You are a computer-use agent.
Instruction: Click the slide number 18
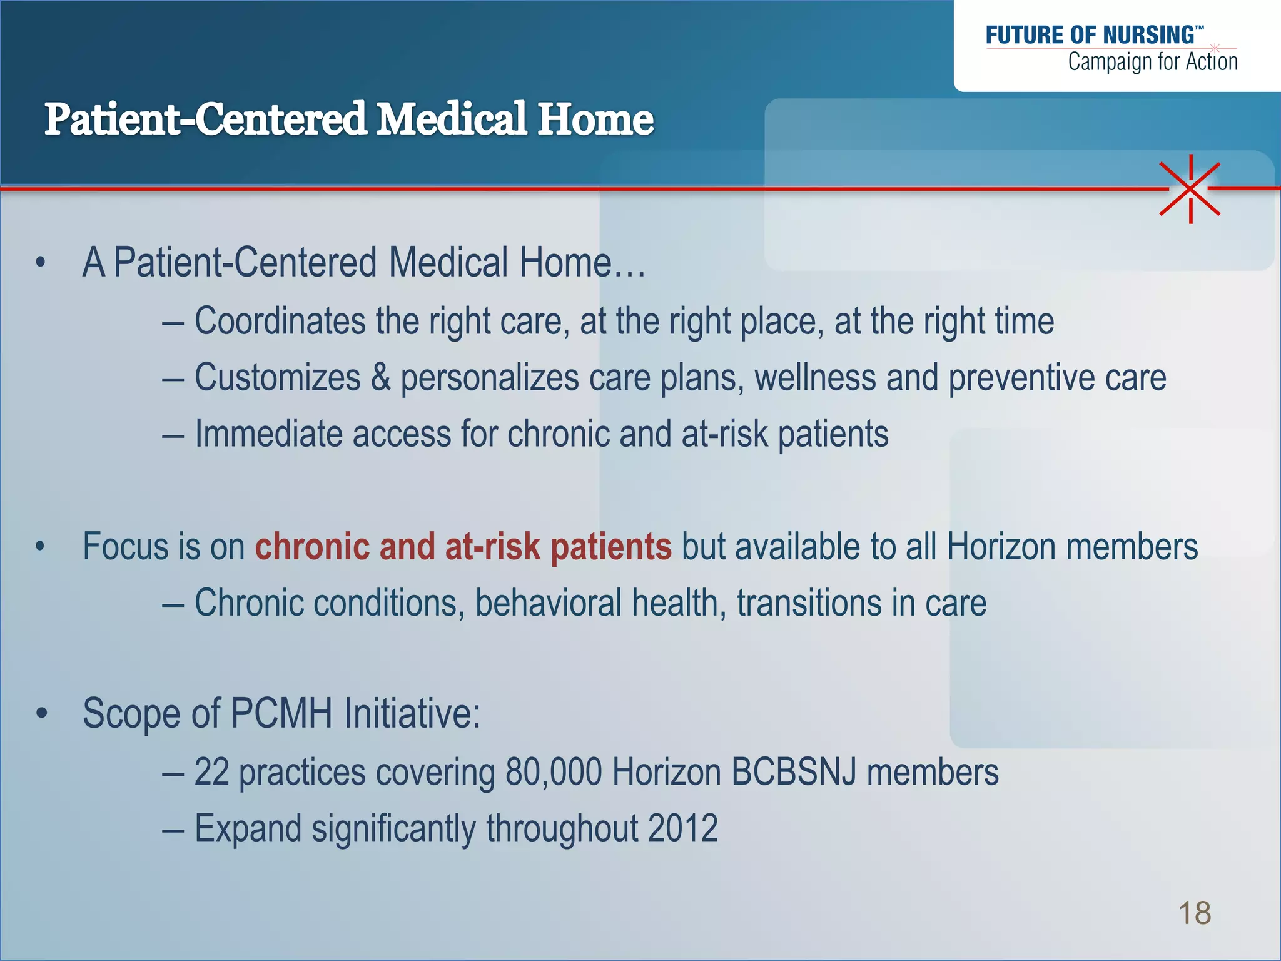point(1194,913)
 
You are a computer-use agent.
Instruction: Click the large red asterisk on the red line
point(1190,188)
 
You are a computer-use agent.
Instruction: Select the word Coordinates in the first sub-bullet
point(280,322)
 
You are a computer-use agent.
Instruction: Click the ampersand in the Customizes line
point(380,378)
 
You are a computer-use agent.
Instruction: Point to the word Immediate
point(268,434)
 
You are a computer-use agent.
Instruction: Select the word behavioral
point(548,603)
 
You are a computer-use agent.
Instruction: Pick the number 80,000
point(554,772)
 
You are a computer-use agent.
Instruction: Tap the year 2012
point(682,828)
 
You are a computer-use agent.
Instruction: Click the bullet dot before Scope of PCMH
point(41,713)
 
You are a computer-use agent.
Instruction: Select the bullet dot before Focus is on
point(41,547)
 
